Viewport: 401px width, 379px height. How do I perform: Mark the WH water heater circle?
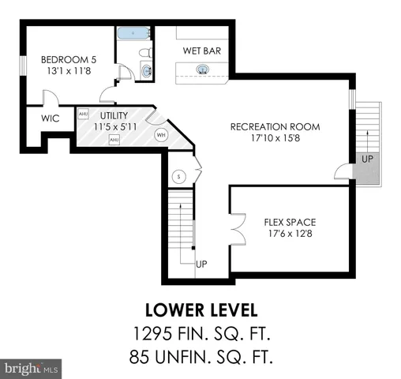tap(161, 134)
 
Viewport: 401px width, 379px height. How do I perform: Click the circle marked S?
tap(179, 176)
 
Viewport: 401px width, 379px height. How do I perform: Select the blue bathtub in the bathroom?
tap(133, 33)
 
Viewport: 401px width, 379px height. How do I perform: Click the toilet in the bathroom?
tap(145, 53)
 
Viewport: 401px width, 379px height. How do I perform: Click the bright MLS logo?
tap(32, 367)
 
